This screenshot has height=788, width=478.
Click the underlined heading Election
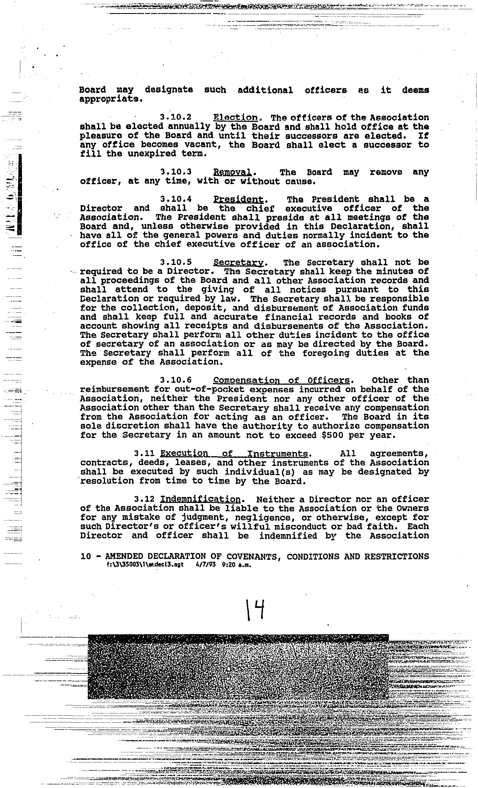[x=235, y=118]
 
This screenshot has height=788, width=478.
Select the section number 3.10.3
[x=176, y=172]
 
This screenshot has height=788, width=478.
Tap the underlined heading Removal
[x=233, y=172]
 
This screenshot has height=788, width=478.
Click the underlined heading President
[x=239, y=200]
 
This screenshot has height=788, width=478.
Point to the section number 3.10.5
[x=176, y=262]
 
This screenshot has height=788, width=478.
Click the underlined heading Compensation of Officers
[x=281, y=380]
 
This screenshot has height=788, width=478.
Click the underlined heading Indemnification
[x=200, y=499]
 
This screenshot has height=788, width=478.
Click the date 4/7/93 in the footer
[x=205, y=564]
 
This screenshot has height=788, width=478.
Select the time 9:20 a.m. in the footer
[x=236, y=564]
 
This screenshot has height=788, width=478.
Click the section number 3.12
[x=145, y=499]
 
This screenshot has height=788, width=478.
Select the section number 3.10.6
[x=176, y=380]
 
